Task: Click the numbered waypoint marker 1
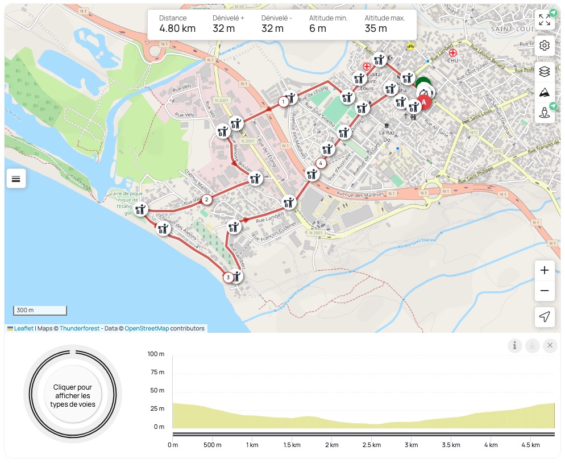tap(282, 102)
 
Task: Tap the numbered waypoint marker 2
tap(207, 199)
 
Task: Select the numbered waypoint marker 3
tap(228, 278)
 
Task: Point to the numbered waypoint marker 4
tap(321, 164)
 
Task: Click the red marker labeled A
tap(423, 103)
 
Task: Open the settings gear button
tap(545, 46)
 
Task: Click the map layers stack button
tap(545, 71)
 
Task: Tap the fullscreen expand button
tap(545, 20)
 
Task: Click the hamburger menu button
tap(16, 179)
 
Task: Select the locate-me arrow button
tap(545, 317)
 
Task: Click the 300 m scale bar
tap(40, 311)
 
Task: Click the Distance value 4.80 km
tap(177, 28)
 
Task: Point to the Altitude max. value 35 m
tap(376, 28)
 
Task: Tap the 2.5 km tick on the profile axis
tap(371, 445)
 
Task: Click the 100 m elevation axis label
tap(156, 354)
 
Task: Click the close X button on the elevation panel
tap(550, 345)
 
